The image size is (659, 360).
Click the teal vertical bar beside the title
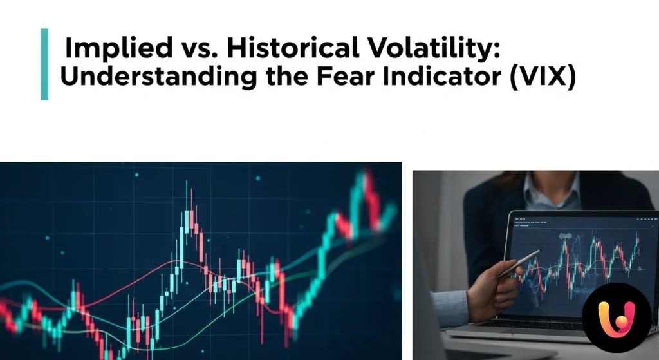44,64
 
